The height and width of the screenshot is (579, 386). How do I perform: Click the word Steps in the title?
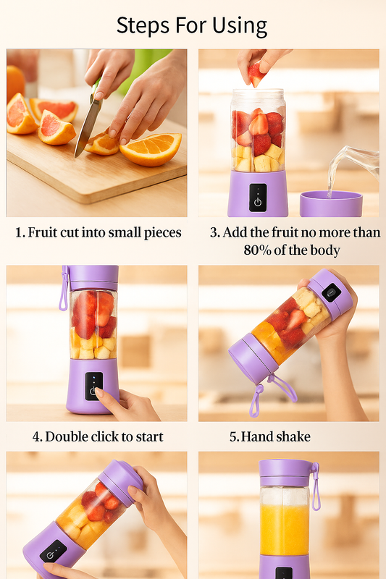click(143, 26)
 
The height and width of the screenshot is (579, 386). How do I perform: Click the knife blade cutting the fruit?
click(88, 127)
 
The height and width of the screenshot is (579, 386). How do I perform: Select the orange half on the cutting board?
click(151, 149)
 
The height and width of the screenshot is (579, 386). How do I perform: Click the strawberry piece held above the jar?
click(256, 75)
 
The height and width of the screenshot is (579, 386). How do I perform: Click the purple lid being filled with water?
click(331, 203)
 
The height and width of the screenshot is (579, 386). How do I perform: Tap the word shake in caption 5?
click(293, 436)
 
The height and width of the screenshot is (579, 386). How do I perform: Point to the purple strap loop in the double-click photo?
click(64, 289)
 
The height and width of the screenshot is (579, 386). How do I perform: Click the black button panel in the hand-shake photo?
click(332, 292)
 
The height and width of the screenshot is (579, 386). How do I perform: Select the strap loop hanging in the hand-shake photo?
click(272, 394)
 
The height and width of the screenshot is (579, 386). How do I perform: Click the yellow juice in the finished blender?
click(285, 529)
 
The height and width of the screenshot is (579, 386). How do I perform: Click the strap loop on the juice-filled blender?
click(316, 486)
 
